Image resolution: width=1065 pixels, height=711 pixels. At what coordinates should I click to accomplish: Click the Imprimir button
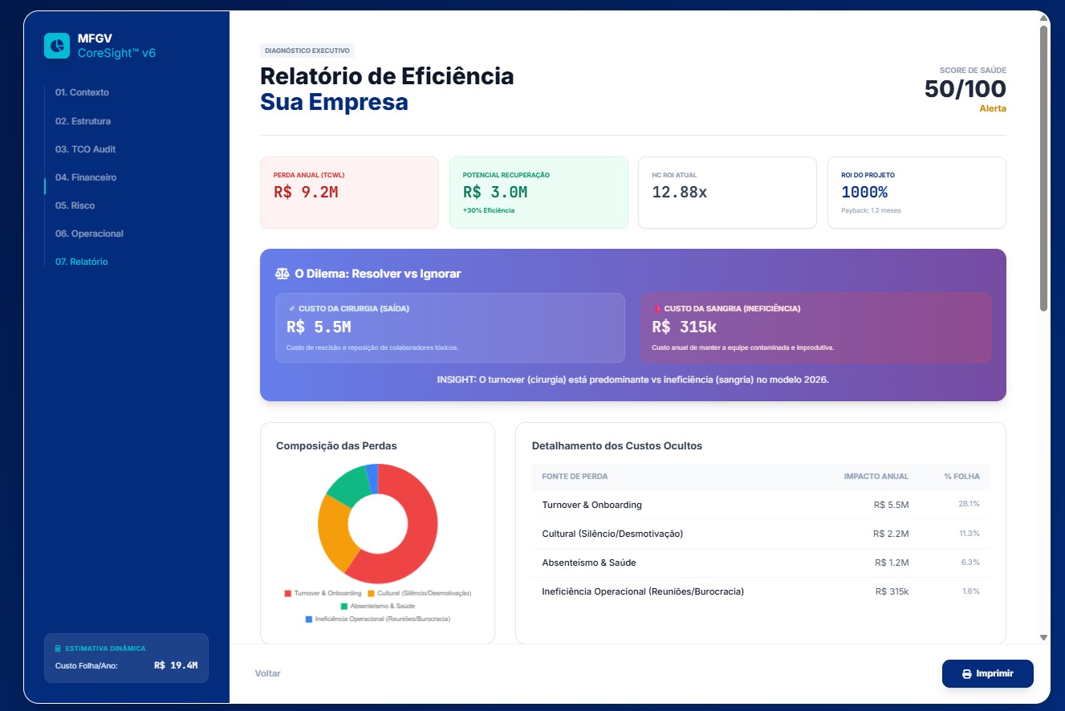pyautogui.click(x=987, y=673)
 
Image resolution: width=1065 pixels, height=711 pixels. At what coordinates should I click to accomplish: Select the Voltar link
pyautogui.click(x=267, y=673)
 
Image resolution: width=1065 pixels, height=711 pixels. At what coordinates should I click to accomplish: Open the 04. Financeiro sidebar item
pyautogui.click(x=86, y=177)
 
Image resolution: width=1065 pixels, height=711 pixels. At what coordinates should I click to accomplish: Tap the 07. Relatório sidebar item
pyautogui.click(x=81, y=262)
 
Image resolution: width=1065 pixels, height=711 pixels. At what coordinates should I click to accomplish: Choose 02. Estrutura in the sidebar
pyautogui.click(x=83, y=121)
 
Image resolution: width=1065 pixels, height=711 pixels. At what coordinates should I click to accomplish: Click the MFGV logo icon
pyautogui.click(x=57, y=46)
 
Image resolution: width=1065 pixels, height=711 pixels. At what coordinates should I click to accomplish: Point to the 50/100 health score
pyautogui.click(x=965, y=89)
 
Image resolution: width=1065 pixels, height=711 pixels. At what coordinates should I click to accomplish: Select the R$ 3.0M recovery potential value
pyautogui.click(x=495, y=193)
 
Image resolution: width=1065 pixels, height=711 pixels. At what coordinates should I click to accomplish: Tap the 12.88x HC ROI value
pyautogui.click(x=679, y=193)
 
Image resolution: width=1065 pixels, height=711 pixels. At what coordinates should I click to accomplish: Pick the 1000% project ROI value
pyautogui.click(x=864, y=193)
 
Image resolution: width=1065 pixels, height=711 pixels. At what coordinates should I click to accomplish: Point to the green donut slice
pyautogui.click(x=347, y=484)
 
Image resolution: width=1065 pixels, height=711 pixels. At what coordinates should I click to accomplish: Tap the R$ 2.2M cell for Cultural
pyautogui.click(x=891, y=534)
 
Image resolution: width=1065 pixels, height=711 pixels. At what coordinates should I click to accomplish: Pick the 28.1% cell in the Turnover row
pyautogui.click(x=969, y=504)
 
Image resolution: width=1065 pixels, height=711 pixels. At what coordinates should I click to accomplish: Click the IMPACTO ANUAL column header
pyautogui.click(x=876, y=477)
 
